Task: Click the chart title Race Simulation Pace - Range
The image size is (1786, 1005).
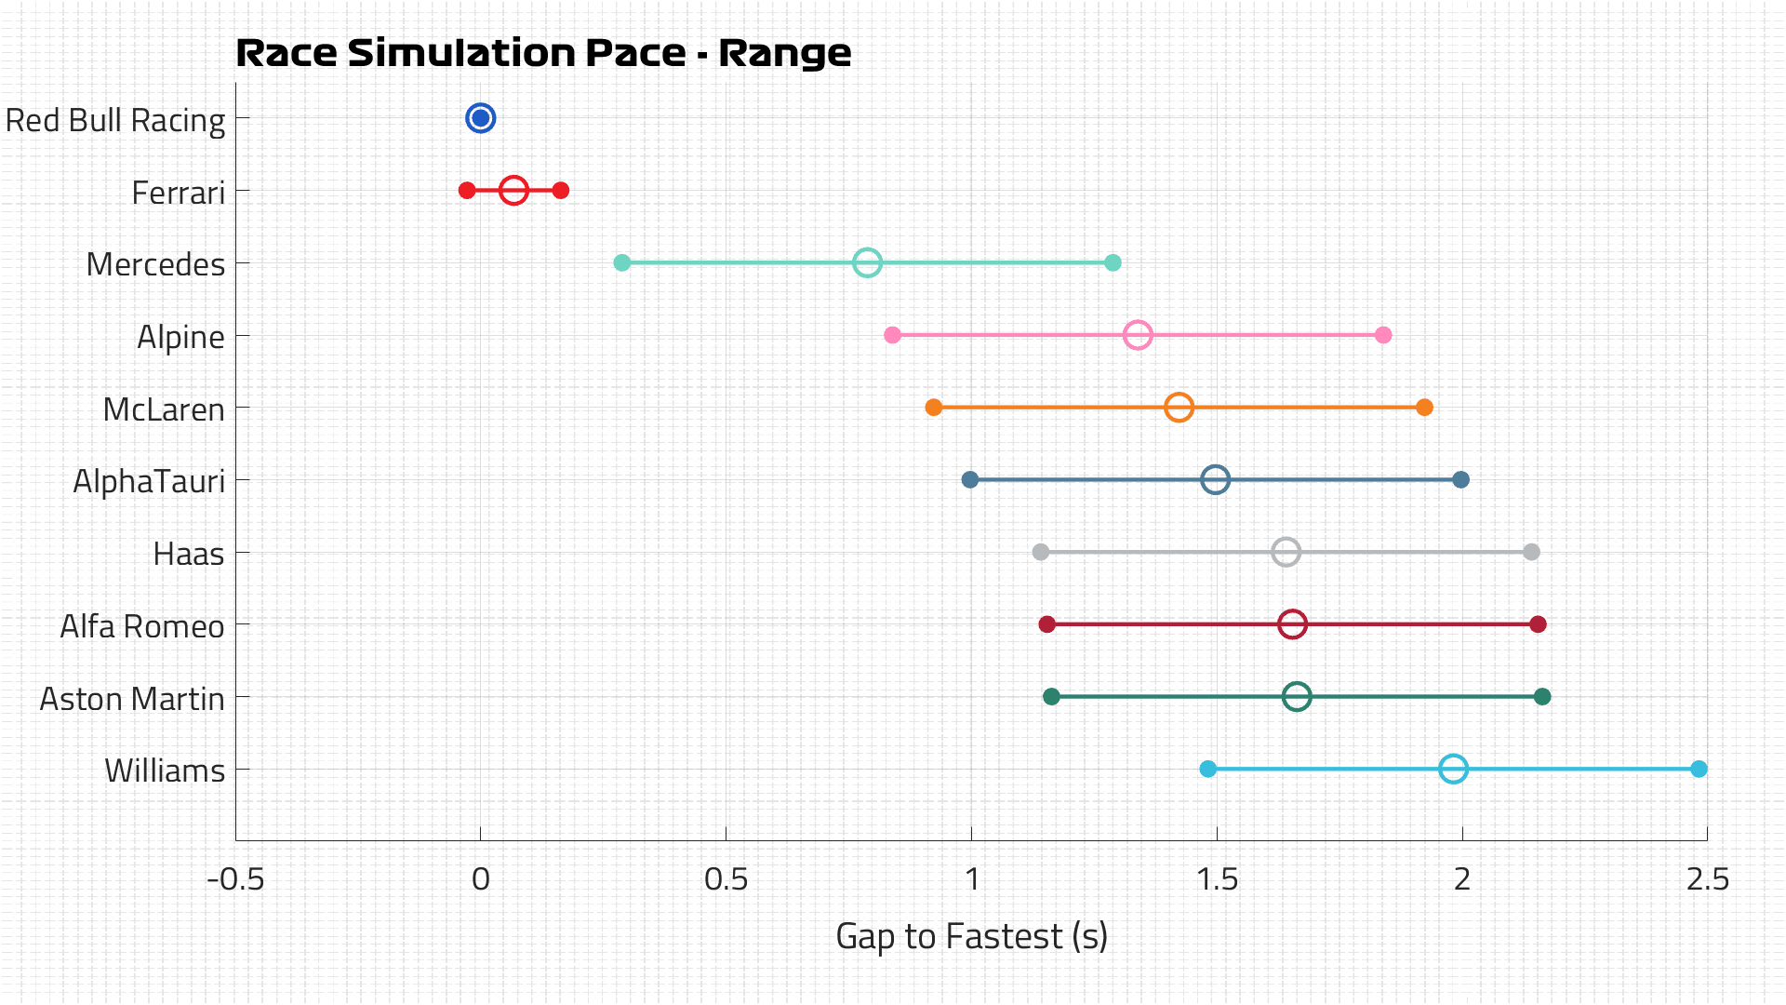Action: (543, 53)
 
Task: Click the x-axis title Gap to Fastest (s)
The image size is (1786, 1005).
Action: (971, 936)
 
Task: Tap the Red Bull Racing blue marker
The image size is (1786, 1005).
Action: (480, 118)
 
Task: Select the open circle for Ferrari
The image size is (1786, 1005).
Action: (513, 191)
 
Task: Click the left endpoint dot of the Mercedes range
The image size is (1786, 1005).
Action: (622, 263)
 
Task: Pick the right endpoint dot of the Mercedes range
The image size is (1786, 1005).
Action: (1113, 263)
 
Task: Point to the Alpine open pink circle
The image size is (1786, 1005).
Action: (1138, 335)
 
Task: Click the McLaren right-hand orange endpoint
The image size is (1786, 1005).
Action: (1424, 408)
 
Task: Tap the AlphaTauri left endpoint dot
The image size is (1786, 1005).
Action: (970, 480)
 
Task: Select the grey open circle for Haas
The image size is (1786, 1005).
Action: (1286, 552)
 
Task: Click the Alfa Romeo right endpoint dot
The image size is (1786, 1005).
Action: (1538, 624)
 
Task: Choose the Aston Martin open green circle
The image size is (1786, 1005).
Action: (1297, 697)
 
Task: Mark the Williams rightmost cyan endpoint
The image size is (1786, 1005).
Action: (1699, 769)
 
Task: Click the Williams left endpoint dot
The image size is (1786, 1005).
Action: (1207, 769)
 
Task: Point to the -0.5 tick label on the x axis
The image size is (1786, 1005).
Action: (235, 879)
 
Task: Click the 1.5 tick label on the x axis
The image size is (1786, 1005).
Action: (1217, 879)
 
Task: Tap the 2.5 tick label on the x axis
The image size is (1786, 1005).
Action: (1707, 879)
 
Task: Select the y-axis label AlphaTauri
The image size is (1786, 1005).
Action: (149, 482)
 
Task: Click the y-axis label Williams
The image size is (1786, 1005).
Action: (165, 771)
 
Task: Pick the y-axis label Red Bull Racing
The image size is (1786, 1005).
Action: (115, 121)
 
